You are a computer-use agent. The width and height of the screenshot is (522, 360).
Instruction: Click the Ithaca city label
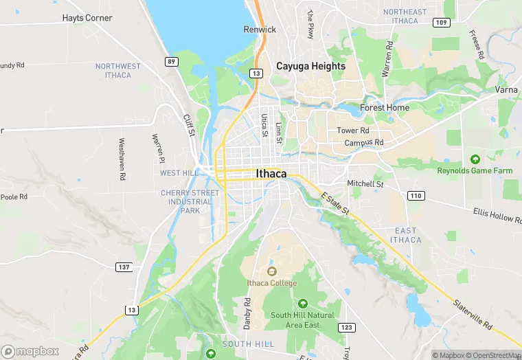[271, 174]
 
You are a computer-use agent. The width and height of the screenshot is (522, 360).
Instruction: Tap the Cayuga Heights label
[310, 66]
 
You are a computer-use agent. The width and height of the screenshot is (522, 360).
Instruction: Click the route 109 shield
[440, 23]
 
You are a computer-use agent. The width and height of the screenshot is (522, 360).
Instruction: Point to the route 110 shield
[415, 196]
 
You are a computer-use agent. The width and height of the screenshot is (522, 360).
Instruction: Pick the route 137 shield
[124, 267]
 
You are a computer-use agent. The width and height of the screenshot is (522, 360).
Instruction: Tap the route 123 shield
[346, 327]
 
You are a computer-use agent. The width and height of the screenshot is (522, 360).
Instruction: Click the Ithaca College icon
[272, 271]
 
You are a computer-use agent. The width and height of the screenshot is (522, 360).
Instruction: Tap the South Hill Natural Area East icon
[302, 303]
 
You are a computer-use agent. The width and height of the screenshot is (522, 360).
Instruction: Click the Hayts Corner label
[87, 18]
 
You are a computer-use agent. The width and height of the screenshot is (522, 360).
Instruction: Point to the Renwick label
[260, 30]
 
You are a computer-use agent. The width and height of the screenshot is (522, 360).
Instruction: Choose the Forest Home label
[385, 107]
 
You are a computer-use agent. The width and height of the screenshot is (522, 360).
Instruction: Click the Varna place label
[506, 90]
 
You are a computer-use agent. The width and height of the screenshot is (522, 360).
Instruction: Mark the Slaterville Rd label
[473, 314]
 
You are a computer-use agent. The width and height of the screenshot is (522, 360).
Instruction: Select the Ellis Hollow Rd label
[492, 215]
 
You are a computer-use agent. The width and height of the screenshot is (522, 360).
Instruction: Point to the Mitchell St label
[365, 184]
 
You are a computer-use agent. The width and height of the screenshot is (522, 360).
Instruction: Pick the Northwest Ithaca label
[117, 70]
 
